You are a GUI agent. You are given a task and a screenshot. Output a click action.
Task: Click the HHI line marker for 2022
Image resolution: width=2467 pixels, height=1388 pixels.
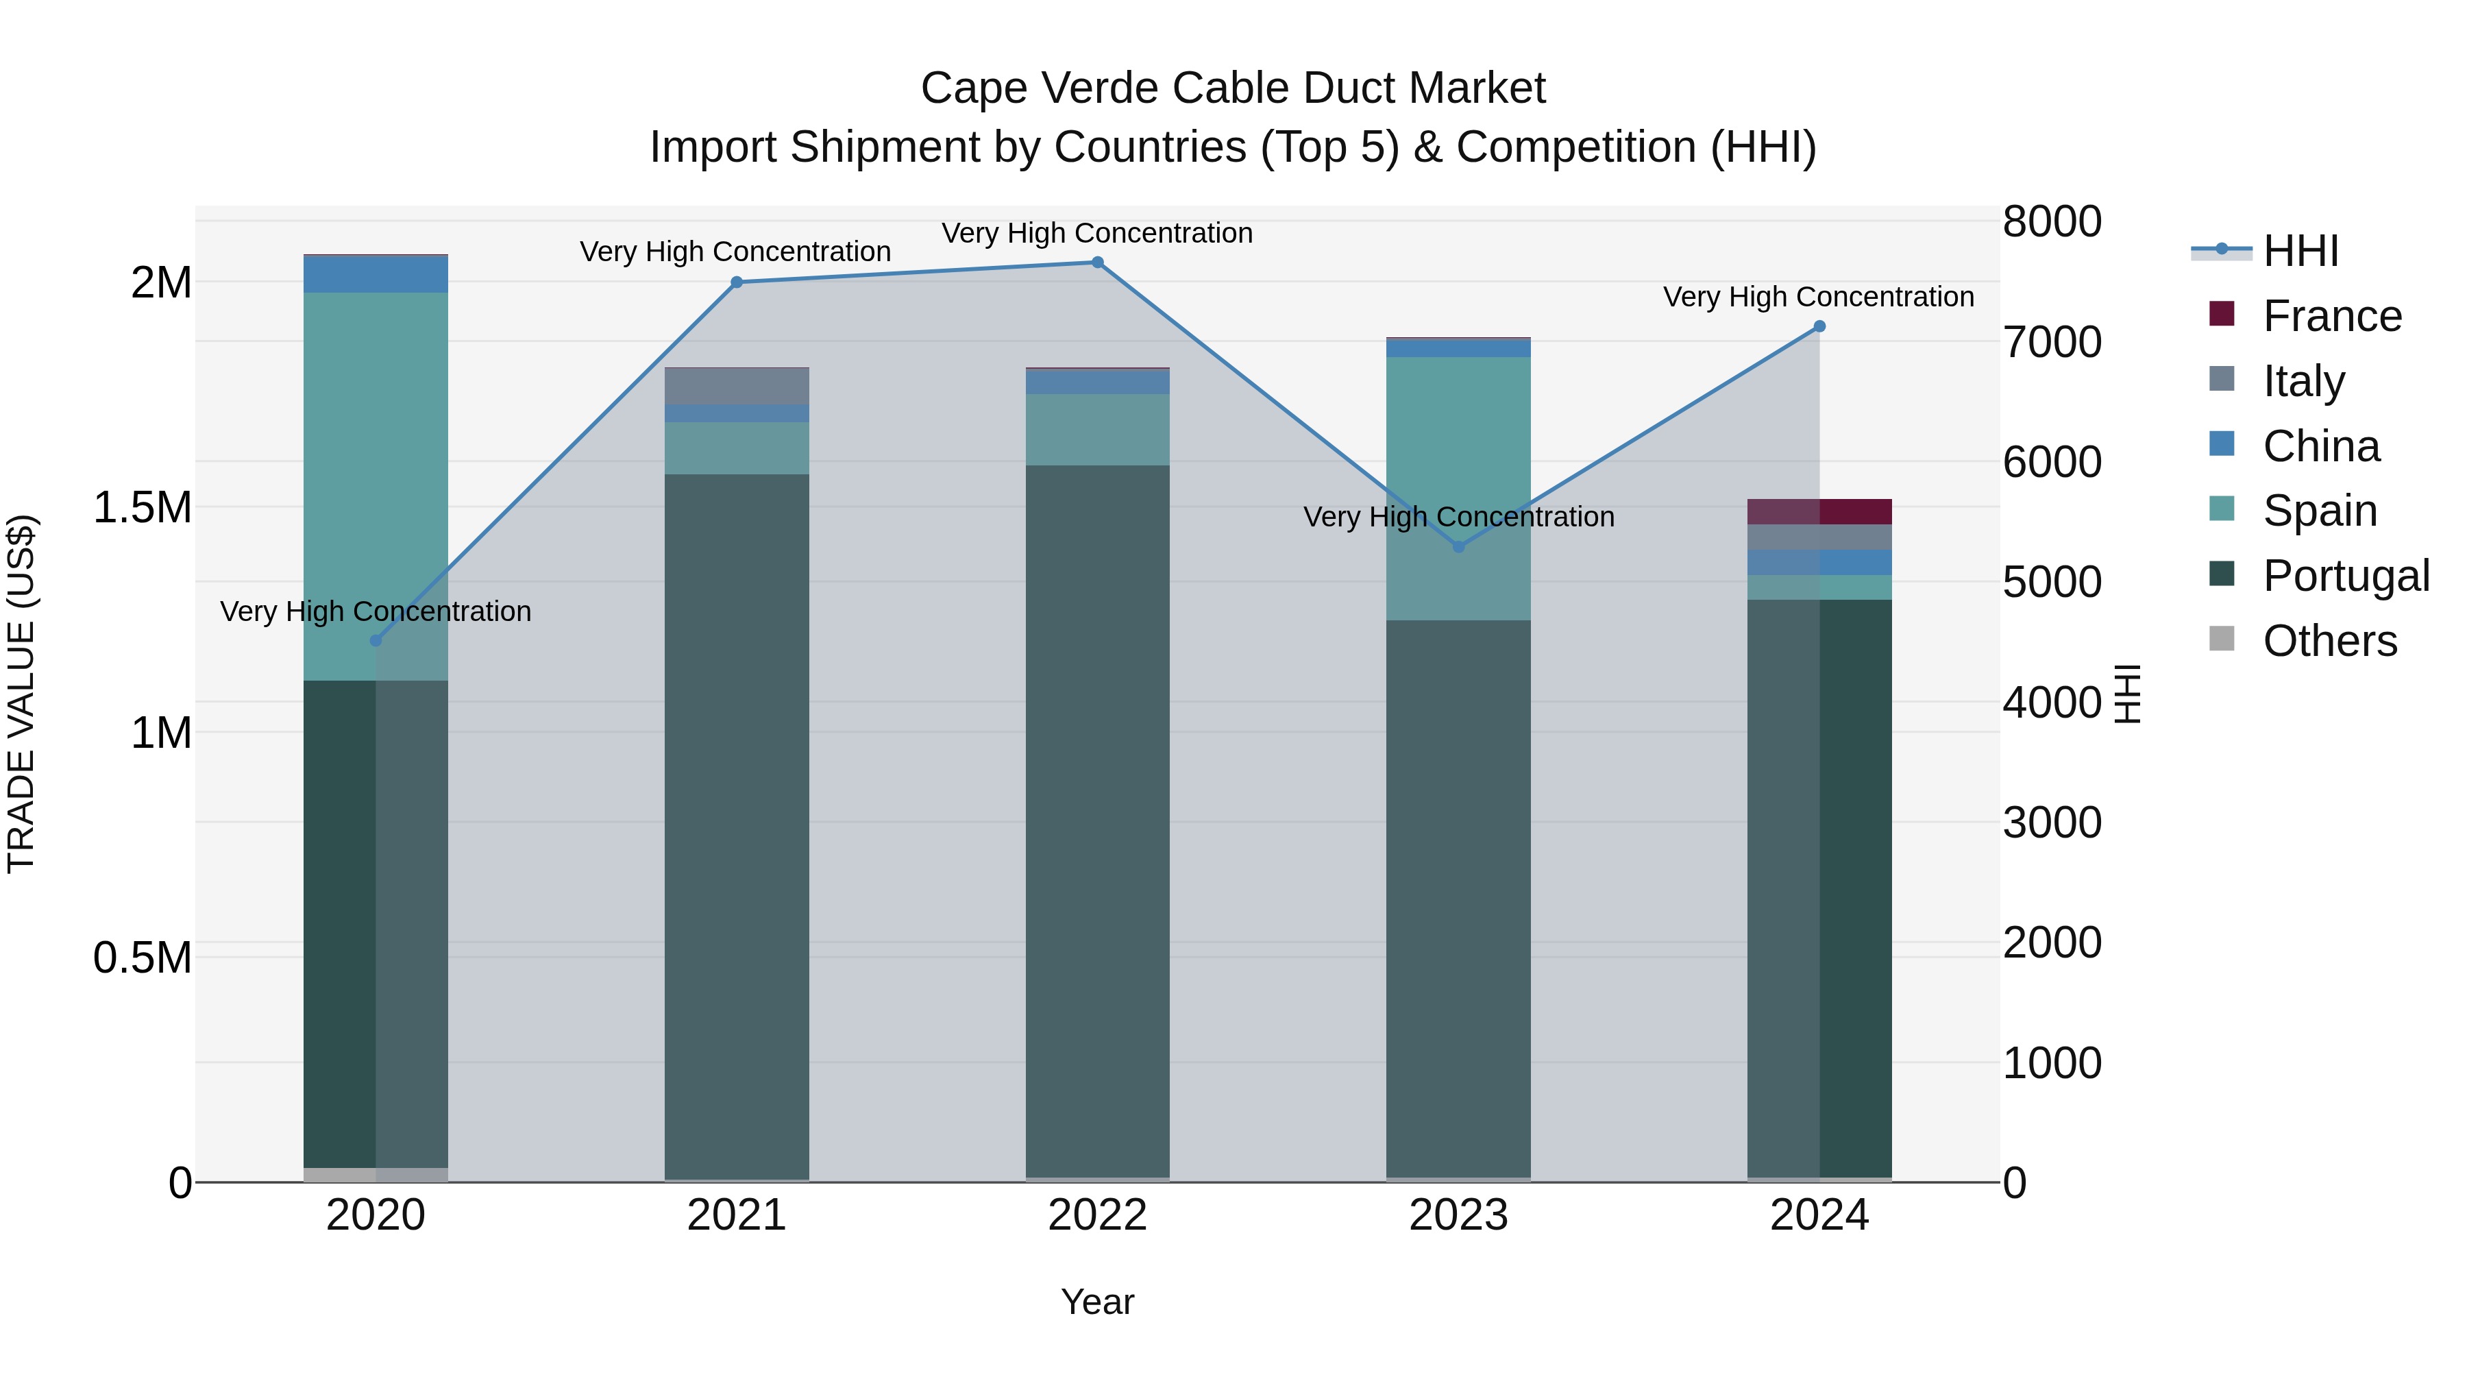[1098, 263]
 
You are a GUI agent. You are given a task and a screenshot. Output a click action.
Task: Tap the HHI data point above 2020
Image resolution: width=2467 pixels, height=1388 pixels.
[376, 641]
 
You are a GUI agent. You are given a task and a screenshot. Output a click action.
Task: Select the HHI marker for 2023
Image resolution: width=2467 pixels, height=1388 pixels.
[1458, 547]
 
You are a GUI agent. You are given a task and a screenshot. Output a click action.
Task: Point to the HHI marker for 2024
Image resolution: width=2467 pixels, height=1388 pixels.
[1819, 327]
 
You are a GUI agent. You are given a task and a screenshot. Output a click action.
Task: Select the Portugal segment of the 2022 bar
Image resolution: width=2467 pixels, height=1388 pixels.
[1098, 824]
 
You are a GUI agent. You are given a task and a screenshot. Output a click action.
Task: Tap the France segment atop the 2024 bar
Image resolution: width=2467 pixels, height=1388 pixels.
[1819, 511]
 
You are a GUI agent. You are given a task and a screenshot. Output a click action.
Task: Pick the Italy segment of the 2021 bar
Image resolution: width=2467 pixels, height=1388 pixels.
[737, 386]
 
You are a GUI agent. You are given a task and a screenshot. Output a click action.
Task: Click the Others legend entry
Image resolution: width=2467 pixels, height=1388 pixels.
[2329, 641]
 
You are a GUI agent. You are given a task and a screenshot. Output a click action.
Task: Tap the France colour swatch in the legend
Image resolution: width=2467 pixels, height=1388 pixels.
[2221, 314]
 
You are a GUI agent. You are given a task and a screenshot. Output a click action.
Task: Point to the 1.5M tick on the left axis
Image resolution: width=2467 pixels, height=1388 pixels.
[143, 508]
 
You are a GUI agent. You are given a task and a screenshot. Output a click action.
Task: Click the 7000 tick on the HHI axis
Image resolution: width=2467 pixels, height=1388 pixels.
[2051, 342]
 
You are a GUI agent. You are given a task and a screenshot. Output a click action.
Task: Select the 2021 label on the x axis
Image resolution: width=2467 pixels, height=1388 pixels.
[737, 1215]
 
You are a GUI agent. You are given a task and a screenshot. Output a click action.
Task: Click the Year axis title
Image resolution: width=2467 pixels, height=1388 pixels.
[1098, 1302]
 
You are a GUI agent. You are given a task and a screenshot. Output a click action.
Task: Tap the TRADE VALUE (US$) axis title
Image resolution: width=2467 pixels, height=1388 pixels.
[21, 694]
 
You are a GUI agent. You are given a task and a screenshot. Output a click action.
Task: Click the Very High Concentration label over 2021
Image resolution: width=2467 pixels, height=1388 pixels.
[735, 252]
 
